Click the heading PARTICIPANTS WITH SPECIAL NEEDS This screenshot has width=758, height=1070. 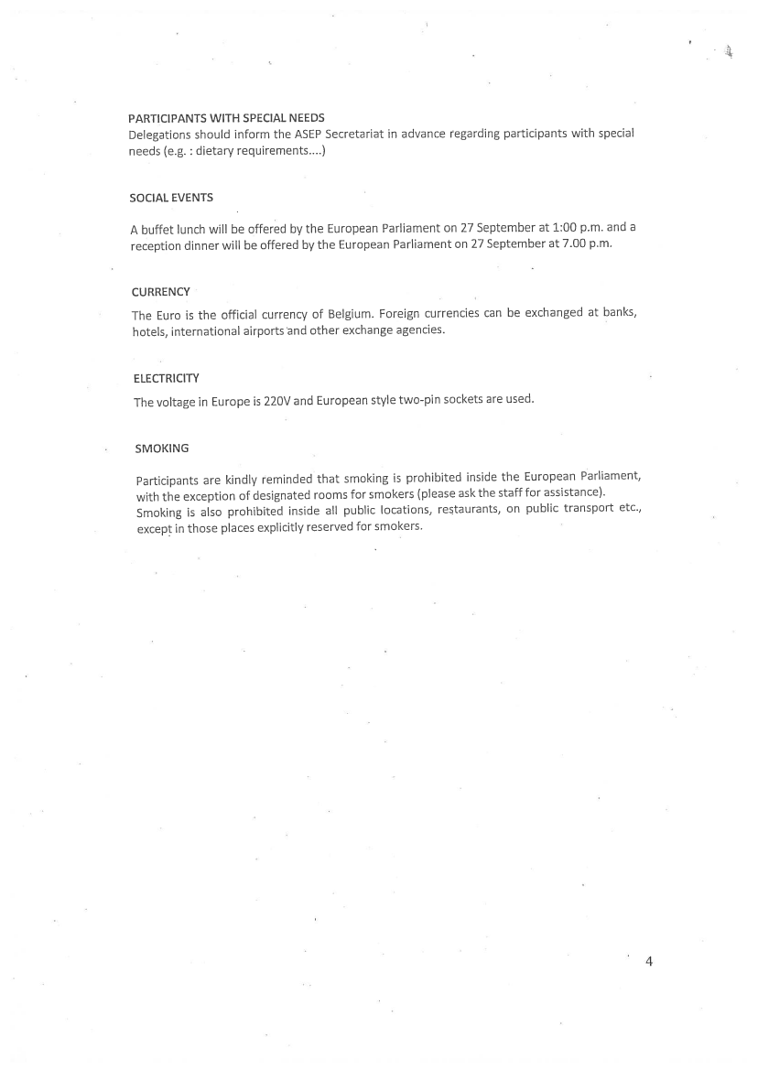pyautogui.click(x=226, y=118)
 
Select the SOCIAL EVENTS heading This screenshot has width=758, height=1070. pyautogui.click(x=171, y=198)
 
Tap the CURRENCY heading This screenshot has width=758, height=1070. pyautogui.click(x=161, y=292)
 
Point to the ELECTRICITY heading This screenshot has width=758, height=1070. pyautogui.click(x=166, y=378)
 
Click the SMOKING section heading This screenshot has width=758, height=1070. pyautogui.click(x=162, y=449)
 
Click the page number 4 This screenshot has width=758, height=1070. pyautogui.click(x=649, y=961)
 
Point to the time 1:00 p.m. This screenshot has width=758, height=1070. pyautogui.click(x=558, y=227)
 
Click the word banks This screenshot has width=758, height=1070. pyautogui.click(x=619, y=312)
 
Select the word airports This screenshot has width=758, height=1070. pyautogui.click(x=261, y=330)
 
